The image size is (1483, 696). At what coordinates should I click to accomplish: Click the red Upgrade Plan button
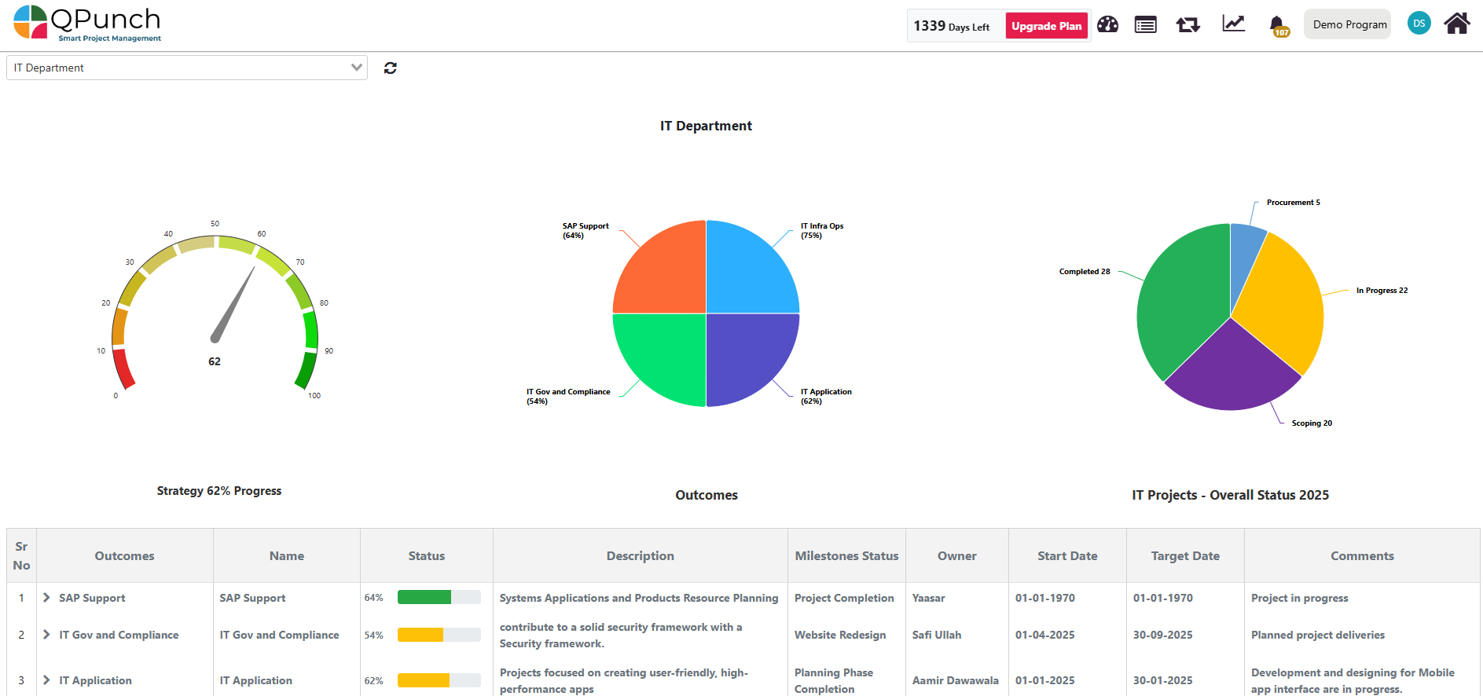(1046, 26)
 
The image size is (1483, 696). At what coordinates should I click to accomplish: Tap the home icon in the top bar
(1456, 24)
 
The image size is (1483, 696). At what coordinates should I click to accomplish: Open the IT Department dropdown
(187, 68)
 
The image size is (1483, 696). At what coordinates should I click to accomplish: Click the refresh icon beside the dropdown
(390, 68)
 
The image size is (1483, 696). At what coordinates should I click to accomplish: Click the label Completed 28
(1084, 272)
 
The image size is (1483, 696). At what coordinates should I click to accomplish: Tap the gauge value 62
(215, 362)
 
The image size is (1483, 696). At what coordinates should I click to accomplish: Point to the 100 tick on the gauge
(314, 396)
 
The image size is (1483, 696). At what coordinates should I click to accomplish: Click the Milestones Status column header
(846, 556)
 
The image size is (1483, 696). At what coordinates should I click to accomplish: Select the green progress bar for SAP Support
(424, 598)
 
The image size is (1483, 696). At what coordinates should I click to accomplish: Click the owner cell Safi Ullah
(936, 636)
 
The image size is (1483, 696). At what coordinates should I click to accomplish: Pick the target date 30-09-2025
(1162, 636)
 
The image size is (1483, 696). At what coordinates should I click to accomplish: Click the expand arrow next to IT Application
(46, 680)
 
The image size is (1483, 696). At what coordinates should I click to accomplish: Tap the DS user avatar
(1419, 24)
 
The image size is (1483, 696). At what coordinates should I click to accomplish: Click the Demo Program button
(1349, 24)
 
